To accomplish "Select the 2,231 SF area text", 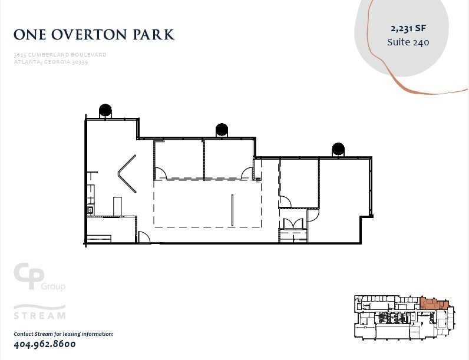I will [408, 28].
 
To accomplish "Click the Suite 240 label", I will [408, 42].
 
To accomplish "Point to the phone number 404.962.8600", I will [45, 344].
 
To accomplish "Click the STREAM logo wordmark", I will [39, 315].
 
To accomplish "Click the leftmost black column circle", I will [105, 110].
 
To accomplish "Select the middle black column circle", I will [222, 129].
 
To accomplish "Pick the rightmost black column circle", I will [338, 148].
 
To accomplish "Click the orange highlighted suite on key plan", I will [432, 304].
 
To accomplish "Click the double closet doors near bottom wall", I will [293, 224].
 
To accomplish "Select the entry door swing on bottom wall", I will [143, 237].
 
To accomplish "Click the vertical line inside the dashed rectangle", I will [232, 210].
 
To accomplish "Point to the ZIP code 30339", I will [80, 62].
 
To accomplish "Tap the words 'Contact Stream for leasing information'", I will [63, 334].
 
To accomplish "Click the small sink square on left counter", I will [90, 209].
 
